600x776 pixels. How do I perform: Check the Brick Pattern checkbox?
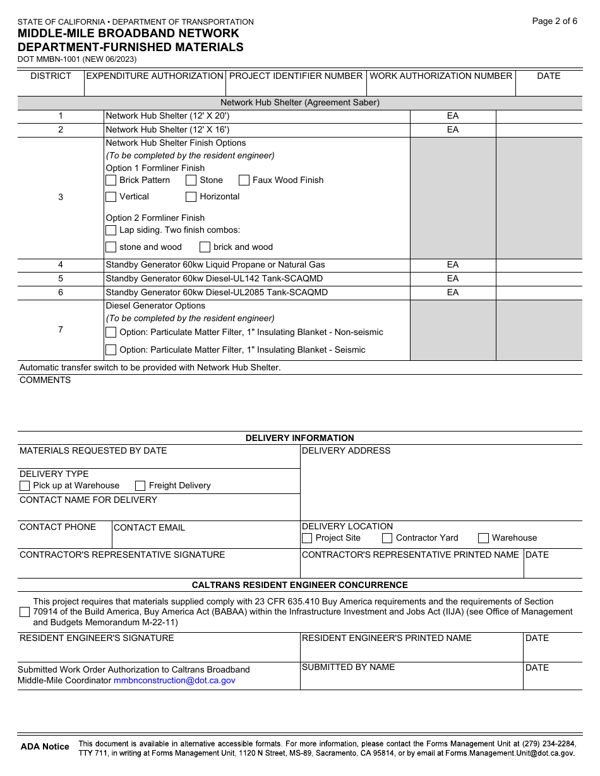coord(111,180)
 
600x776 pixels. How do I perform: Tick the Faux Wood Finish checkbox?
coord(244,180)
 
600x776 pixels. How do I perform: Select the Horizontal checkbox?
coord(191,197)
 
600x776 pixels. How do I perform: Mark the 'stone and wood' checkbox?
coord(111,247)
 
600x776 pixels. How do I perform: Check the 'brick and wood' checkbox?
coord(205,247)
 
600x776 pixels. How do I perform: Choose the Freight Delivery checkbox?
coord(141,486)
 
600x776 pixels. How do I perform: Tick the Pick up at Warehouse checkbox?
coord(25,486)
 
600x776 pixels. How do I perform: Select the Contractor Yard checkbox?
coord(388,538)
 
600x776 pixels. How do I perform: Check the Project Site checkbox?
coord(307,538)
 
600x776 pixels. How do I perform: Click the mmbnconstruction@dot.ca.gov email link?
coord(174,681)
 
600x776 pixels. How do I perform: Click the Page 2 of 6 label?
coord(555,21)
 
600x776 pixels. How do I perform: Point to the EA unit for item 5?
coord(453,279)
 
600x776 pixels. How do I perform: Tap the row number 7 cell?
coord(61,330)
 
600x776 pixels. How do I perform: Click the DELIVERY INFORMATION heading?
coord(299,438)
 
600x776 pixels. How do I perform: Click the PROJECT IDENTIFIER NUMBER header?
coord(296,76)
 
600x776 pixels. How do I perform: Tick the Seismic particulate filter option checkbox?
coord(111,350)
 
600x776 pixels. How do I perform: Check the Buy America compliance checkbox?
coord(25,612)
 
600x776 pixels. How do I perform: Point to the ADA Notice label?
coord(45,747)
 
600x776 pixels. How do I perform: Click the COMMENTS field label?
coord(45,380)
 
